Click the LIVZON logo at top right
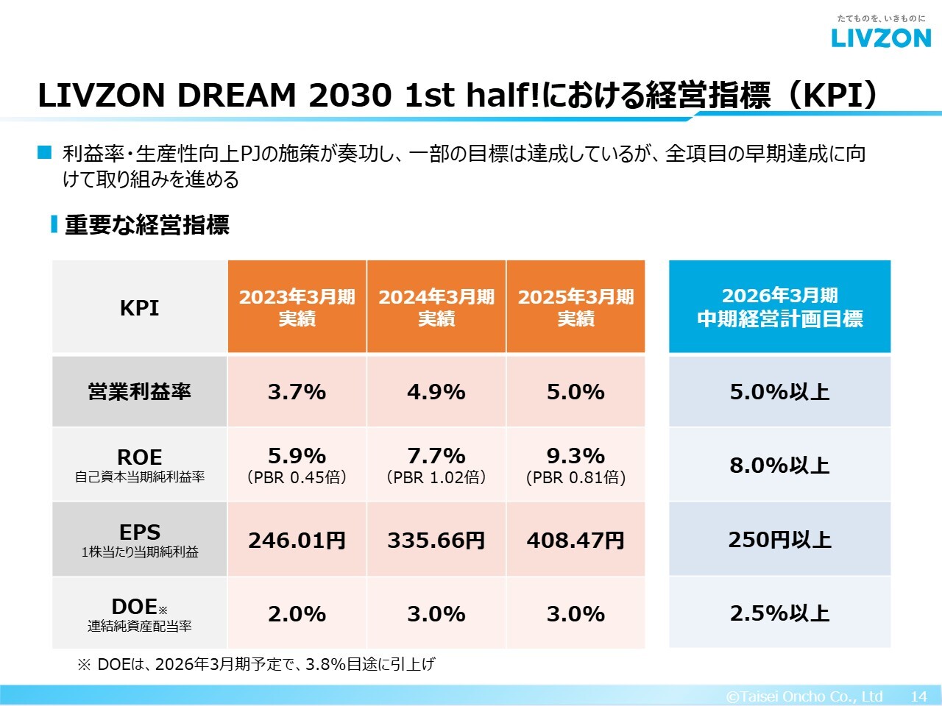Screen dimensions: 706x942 click(x=881, y=37)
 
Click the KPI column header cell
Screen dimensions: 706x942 click(x=139, y=307)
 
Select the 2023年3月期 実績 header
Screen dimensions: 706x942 click(x=297, y=307)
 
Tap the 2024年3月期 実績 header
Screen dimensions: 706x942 click(x=436, y=307)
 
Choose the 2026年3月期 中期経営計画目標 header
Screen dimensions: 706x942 click(x=779, y=307)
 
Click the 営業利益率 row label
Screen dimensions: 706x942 click(x=139, y=392)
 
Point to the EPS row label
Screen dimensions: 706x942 click(x=139, y=532)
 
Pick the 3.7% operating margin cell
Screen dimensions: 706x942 click(x=297, y=392)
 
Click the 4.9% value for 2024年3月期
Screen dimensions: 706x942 click(x=436, y=392)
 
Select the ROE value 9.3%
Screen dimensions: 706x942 click(x=576, y=456)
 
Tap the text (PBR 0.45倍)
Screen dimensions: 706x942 click(x=297, y=478)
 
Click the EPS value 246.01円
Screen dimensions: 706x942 click(x=297, y=541)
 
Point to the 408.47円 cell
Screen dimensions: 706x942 click(x=576, y=541)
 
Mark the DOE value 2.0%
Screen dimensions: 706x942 click(x=297, y=614)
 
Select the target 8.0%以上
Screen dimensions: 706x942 click(x=779, y=466)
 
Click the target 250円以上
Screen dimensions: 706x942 click(x=779, y=540)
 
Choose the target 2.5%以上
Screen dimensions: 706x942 click(x=779, y=613)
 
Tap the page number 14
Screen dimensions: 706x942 click(x=918, y=696)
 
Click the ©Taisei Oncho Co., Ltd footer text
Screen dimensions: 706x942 click(x=804, y=696)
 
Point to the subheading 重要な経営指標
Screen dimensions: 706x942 click(x=147, y=225)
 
